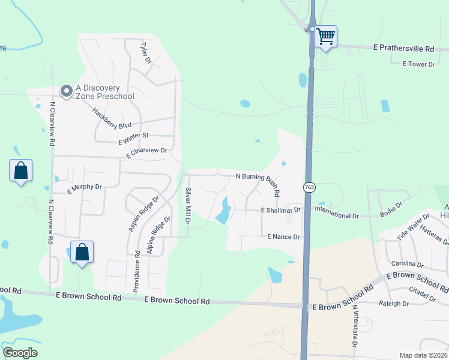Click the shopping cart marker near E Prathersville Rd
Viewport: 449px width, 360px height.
(325, 37)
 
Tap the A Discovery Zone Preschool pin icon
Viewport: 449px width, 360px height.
(66, 91)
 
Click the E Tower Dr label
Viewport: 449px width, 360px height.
(418, 64)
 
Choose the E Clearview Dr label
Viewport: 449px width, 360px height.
(146, 153)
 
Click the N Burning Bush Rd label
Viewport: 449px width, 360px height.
(258, 184)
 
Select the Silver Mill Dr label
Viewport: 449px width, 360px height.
(188, 206)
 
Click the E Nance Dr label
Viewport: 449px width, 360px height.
(283, 237)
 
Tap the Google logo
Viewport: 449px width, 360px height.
(20, 353)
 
